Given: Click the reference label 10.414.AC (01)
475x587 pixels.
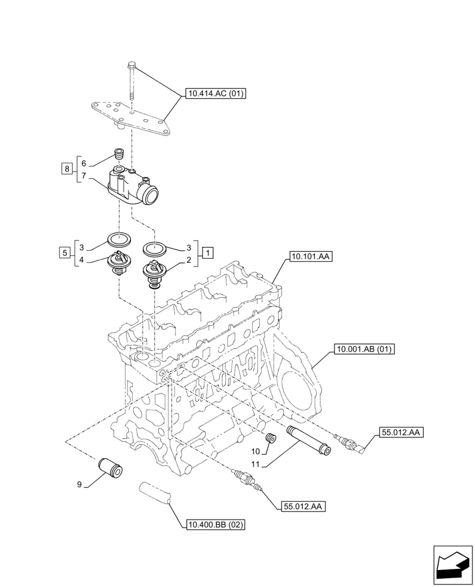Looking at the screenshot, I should click(x=216, y=93).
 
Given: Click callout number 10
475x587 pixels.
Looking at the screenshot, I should click(x=255, y=451).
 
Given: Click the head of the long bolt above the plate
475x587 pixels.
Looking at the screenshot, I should click(x=131, y=65).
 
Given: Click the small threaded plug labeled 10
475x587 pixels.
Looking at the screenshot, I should click(x=272, y=440).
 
